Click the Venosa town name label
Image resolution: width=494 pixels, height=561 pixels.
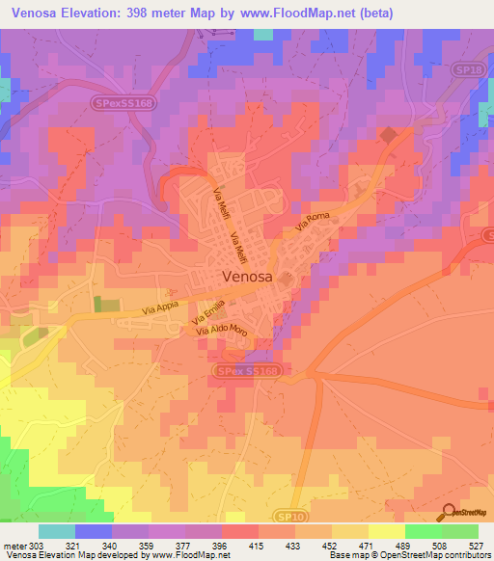click(254, 277)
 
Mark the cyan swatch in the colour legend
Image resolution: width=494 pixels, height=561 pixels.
click(56, 531)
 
